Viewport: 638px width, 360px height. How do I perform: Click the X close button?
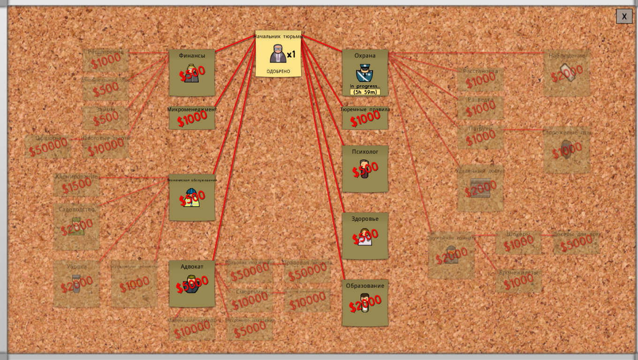point(624,16)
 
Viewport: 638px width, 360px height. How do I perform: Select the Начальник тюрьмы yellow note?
point(278,54)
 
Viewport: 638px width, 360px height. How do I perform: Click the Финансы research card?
point(191,73)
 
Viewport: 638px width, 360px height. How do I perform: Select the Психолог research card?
point(365,169)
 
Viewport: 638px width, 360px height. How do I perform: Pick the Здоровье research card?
point(365,236)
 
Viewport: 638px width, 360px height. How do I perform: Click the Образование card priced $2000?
point(365,303)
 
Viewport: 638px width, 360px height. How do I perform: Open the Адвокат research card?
point(191,284)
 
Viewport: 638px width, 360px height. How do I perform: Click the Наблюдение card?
point(567,73)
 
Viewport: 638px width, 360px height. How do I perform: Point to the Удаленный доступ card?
point(480,188)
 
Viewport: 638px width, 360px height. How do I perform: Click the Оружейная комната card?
point(451,255)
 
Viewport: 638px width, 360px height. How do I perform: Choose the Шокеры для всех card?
point(576,242)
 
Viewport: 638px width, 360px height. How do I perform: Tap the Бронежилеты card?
point(518,280)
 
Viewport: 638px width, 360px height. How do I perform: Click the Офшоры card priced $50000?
point(47,146)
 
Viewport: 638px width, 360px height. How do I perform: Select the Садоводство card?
point(76,226)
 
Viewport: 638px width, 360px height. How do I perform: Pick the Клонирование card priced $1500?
point(76,185)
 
